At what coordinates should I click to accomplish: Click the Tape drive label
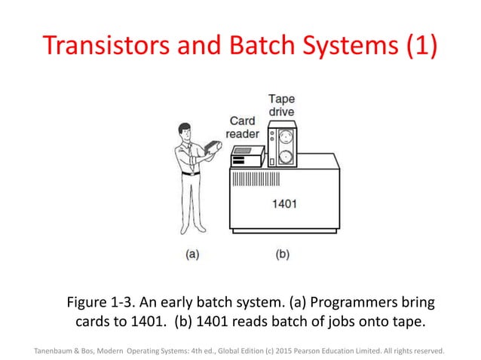tap(281, 106)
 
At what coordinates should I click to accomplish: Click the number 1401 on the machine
tap(283, 203)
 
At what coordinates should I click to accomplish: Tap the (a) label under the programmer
tap(193, 255)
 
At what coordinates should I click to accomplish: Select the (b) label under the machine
tap(281, 255)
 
